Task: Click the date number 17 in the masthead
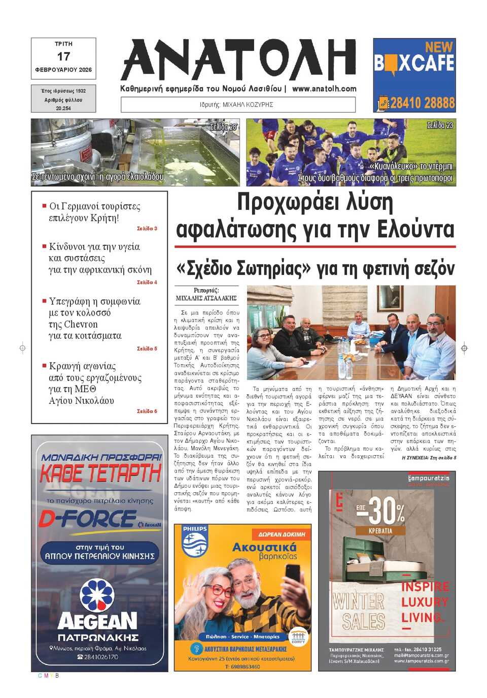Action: click(x=63, y=56)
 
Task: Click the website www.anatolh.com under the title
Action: click(x=324, y=88)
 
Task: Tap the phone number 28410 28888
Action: click(x=422, y=103)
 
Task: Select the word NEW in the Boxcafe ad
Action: click(x=438, y=47)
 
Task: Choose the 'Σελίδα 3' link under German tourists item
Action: click(x=147, y=229)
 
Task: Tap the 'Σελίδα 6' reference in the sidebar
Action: click(x=147, y=411)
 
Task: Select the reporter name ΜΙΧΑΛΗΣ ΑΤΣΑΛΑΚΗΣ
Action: click(x=206, y=298)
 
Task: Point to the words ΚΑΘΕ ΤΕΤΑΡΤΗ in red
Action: click(x=100, y=474)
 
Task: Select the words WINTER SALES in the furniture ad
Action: click(x=359, y=611)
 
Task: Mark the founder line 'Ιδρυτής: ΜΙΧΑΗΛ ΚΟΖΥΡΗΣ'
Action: click(x=237, y=105)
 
